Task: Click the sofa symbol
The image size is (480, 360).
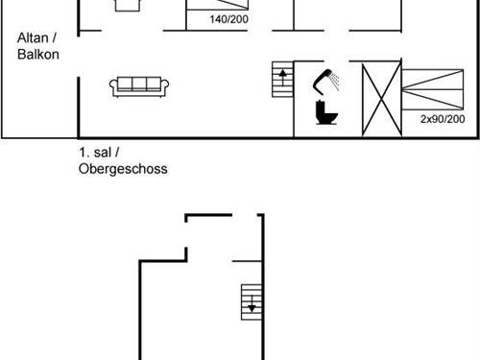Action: [x=140, y=86]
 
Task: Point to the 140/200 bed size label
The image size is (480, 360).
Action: [x=228, y=19]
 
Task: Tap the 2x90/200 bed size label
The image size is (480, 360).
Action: [x=443, y=119]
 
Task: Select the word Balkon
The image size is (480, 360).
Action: [x=38, y=55]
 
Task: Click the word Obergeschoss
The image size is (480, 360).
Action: [x=123, y=169]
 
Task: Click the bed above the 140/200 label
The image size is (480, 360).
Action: [x=227, y=5]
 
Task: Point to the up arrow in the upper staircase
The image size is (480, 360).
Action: [x=282, y=74]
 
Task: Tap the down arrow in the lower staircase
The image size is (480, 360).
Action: [x=252, y=308]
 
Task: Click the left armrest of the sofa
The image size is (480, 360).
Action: [x=113, y=87]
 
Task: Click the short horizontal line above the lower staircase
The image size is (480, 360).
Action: [x=247, y=259]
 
